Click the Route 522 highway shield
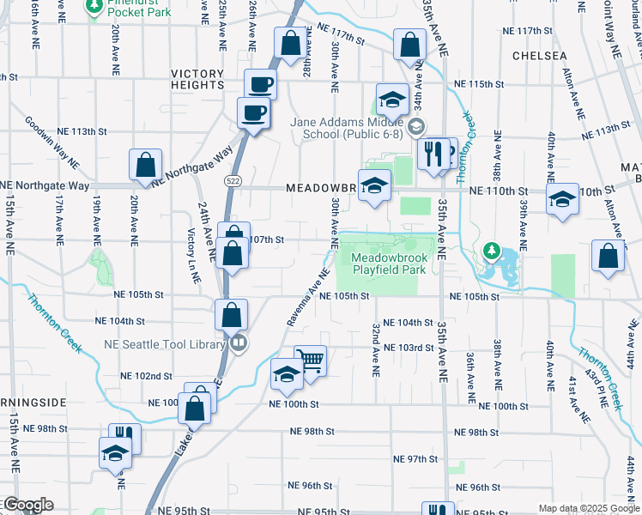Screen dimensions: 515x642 tap(232, 181)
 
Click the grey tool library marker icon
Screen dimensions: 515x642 tap(239, 344)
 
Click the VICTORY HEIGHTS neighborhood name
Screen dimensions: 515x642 tap(197, 80)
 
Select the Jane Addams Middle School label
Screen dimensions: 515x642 tap(348, 128)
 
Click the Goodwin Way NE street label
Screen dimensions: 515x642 tap(51, 143)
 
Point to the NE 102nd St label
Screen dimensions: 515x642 tap(147, 376)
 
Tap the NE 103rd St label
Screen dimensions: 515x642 tap(409, 348)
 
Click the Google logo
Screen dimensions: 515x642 tap(27, 505)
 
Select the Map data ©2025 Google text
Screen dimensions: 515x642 tap(588, 508)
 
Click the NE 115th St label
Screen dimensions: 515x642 tap(478, 84)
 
